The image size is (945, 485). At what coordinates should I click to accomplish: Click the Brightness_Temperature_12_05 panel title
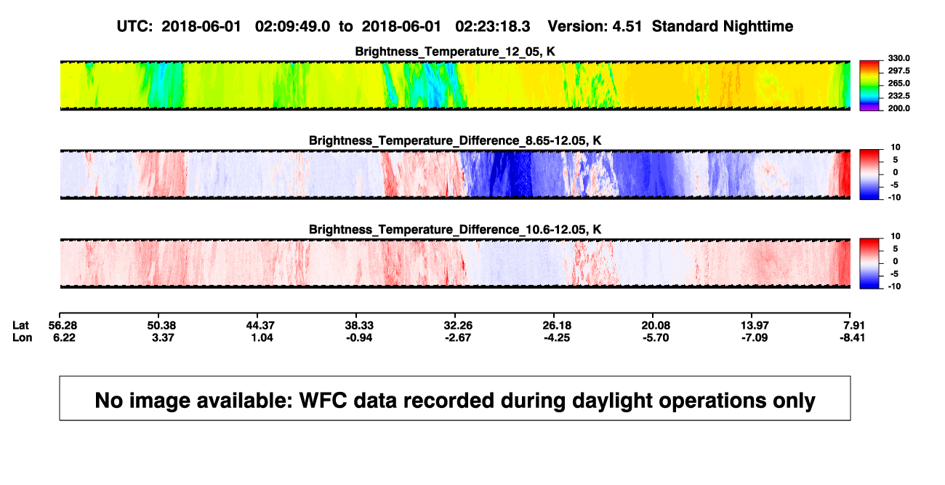coord(455,52)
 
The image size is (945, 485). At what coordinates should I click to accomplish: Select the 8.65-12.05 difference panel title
coord(455,140)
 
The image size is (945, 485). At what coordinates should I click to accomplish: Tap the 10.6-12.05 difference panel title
coord(455,230)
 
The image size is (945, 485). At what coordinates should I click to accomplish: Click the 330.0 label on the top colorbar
coord(898,58)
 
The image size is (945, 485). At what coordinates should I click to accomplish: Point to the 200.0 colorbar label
coord(898,108)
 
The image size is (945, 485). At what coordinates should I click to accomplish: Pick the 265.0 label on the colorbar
coord(898,83)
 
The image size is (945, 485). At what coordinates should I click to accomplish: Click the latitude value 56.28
coord(63,326)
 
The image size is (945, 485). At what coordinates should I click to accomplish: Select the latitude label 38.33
coord(359,326)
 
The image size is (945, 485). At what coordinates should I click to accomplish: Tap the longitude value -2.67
coord(458,337)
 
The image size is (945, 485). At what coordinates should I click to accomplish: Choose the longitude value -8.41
coord(852,337)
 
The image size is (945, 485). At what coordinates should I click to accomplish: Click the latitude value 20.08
coord(656,326)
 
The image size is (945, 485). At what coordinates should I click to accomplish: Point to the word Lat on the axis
coord(20,326)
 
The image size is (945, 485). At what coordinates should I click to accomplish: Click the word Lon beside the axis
coord(23,337)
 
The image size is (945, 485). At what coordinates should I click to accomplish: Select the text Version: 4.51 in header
coord(595,26)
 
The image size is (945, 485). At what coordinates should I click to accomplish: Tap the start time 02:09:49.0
coord(292,26)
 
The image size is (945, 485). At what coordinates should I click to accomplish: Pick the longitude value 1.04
coord(262,337)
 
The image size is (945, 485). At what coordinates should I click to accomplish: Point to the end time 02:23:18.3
coord(492,26)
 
